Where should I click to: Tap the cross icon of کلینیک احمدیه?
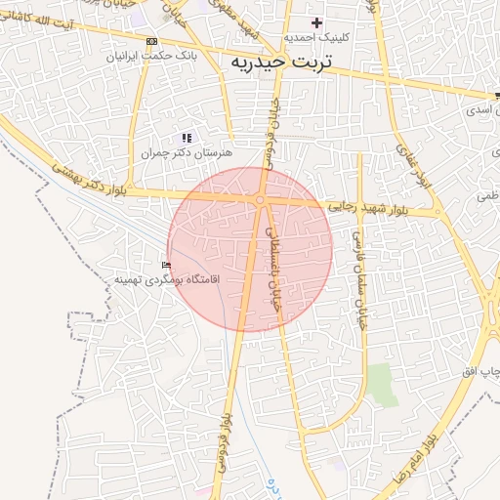click(315, 22)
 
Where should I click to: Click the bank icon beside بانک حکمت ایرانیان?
click(150, 41)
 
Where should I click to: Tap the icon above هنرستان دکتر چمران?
click(187, 138)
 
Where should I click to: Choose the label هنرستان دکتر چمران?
click(186, 153)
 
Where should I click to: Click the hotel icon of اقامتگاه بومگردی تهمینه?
click(167, 265)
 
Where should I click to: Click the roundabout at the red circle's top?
click(260, 200)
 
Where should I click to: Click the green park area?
click(382, 386)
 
